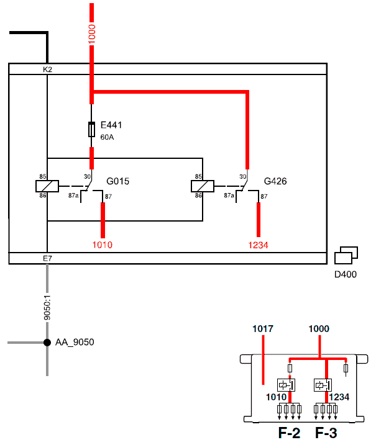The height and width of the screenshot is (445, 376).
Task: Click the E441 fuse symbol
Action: pyautogui.click(x=91, y=130)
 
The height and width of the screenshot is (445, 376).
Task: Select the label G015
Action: pyautogui.click(x=117, y=181)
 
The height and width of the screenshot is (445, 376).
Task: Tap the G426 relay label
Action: pyautogui.click(x=275, y=181)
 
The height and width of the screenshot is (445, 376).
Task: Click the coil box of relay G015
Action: pyautogui.click(x=47, y=186)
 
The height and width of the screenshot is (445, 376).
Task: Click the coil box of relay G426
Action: pyautogui.click(x=203, y=186)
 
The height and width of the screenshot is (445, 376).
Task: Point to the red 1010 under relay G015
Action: pyautogui.click(x=103, y=245)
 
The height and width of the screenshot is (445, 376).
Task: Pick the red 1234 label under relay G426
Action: pyautogui.click(x=258, y=245)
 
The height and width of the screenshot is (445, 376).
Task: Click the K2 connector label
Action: pyautogui.click(x=47, y=70)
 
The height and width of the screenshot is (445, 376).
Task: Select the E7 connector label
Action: pyautogui.click(x=47, y=258)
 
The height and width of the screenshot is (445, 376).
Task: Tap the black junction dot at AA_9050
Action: pyautogui.click(x=47, y=343)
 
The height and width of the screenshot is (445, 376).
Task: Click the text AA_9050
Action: pyautogui.click(x=75, y=342)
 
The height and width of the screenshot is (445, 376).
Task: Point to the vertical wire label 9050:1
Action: pyautogui.click(x=47, y=308)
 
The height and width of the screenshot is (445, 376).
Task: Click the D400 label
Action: pyautogui.click(x=346, y=274)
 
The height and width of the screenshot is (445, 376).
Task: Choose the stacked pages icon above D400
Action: pyautogui.click(x=346, y=255)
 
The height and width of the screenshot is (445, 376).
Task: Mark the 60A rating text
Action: pyautogui.click(x=107, y=137)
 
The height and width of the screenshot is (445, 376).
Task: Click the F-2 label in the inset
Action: pyautogui.click(x=289, y=433)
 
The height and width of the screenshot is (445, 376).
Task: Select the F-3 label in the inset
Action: pyautogui.click(x=326, y=433)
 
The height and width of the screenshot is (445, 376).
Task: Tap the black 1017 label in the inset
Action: pyautogui.click(x=263, y=329)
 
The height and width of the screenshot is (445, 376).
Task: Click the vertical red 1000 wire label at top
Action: pyautogui.click(x=91, y=34)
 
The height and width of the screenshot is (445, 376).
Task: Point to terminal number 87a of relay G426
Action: pyautogui.click(x=229, y=196)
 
